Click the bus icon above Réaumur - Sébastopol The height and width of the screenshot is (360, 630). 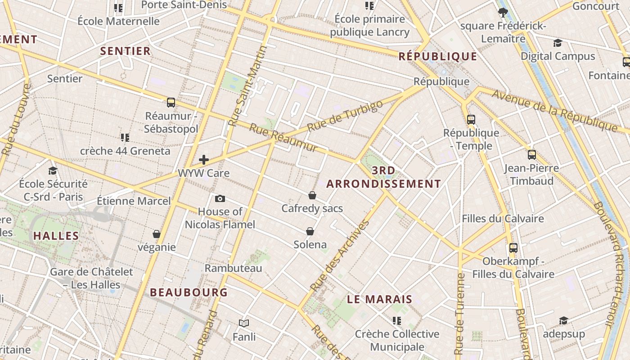171,103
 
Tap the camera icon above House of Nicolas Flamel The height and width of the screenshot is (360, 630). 220,198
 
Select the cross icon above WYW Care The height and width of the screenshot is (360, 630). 204,160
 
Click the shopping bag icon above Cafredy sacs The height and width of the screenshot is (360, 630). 312,195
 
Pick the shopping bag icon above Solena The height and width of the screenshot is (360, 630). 310,231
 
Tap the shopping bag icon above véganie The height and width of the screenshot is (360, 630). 157,234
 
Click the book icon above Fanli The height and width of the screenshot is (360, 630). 244,323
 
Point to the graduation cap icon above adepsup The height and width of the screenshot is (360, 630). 563,320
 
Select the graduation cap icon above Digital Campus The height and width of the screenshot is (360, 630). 558,43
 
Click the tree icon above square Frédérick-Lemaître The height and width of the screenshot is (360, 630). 503,13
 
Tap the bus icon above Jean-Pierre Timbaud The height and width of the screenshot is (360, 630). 532,155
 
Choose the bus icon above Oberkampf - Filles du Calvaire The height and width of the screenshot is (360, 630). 513,248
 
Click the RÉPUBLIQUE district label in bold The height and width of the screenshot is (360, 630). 438,56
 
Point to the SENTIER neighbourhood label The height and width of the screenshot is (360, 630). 126,51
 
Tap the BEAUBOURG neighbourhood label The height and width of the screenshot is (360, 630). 189,292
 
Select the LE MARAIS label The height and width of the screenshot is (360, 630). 380,299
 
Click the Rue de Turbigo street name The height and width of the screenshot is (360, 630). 346,116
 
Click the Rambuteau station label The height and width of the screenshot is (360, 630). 233,268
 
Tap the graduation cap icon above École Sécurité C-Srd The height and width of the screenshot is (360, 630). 53,171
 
